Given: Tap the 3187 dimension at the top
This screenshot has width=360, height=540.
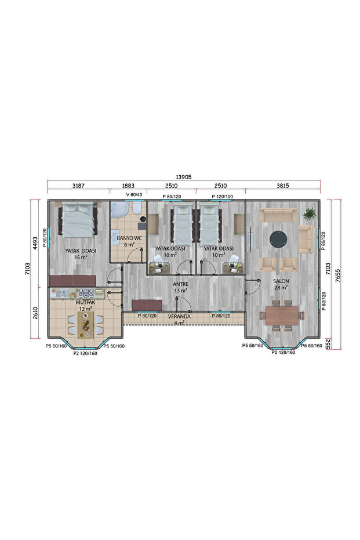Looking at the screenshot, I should [78, 186].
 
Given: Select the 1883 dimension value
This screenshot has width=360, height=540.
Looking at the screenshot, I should [128, 186].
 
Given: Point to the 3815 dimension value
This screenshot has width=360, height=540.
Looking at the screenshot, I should [283, 186].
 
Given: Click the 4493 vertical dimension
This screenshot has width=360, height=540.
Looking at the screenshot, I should [36, 242].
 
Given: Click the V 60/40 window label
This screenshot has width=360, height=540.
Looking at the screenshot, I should [134, 195].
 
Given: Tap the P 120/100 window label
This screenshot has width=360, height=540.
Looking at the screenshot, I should [223, 197].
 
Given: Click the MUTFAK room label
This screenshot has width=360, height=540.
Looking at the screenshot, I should [86, 303].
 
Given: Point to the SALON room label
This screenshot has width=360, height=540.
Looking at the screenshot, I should [281, 281].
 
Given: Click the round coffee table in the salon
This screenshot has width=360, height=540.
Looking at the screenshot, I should [279, 238].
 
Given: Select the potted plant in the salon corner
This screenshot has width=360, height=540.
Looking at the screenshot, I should [310, 214].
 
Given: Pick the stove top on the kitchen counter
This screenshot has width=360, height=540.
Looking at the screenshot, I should [86, 293].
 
